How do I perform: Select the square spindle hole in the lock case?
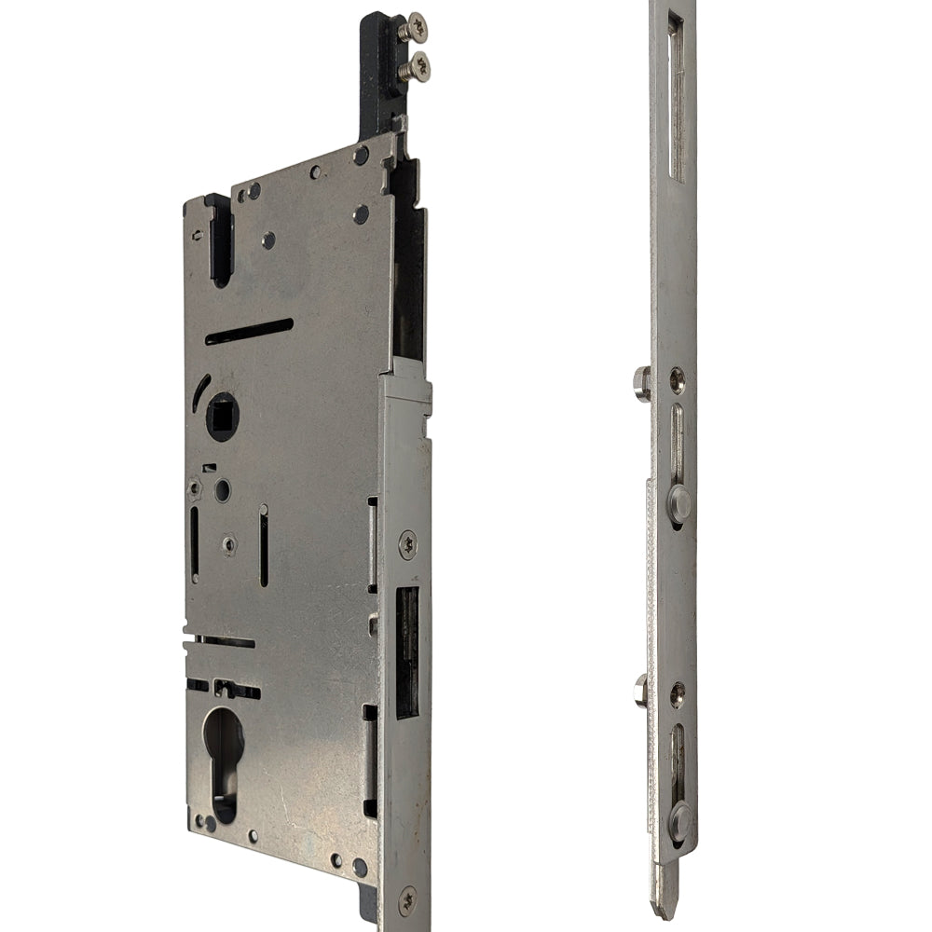(x=222, y=417)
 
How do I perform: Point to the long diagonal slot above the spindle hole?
(x=249, y=331)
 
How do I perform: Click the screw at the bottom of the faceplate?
(x=407, y=900)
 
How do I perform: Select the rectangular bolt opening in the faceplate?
(x=407, y=652)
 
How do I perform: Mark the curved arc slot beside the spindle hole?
(x=199, y=391)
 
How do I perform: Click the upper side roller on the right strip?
(x=642, y=382)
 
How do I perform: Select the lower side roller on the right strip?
(x=642, y=691)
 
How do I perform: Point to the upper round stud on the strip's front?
(x=680, y=503)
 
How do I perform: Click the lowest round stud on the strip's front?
(x=680, y=820)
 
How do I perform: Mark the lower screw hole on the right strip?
(x=677, y=691)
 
